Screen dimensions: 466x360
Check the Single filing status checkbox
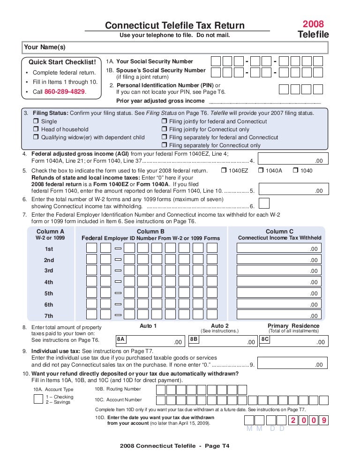(x=36, y=121)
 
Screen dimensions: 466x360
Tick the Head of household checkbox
(x=36, y=129)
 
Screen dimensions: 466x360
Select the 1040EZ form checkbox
(x=223, y=171)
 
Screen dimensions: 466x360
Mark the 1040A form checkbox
(x=261, y=171)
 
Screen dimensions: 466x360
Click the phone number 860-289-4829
(x=65, y=92)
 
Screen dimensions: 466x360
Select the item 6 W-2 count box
(x=264, y=203)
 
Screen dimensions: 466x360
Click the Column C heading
(x=279, y=231)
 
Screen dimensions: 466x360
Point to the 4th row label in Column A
(x=49, y=282)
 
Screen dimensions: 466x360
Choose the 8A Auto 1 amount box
(x=150, y=341)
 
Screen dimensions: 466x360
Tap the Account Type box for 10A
(x=38, y=399)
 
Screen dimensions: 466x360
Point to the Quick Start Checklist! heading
(x=62, y=62)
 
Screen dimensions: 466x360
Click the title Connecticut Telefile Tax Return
(x=174, y=25)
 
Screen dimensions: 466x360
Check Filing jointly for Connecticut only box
(x=164, y=129)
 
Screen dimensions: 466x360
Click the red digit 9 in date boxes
(x=323, y=421)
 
